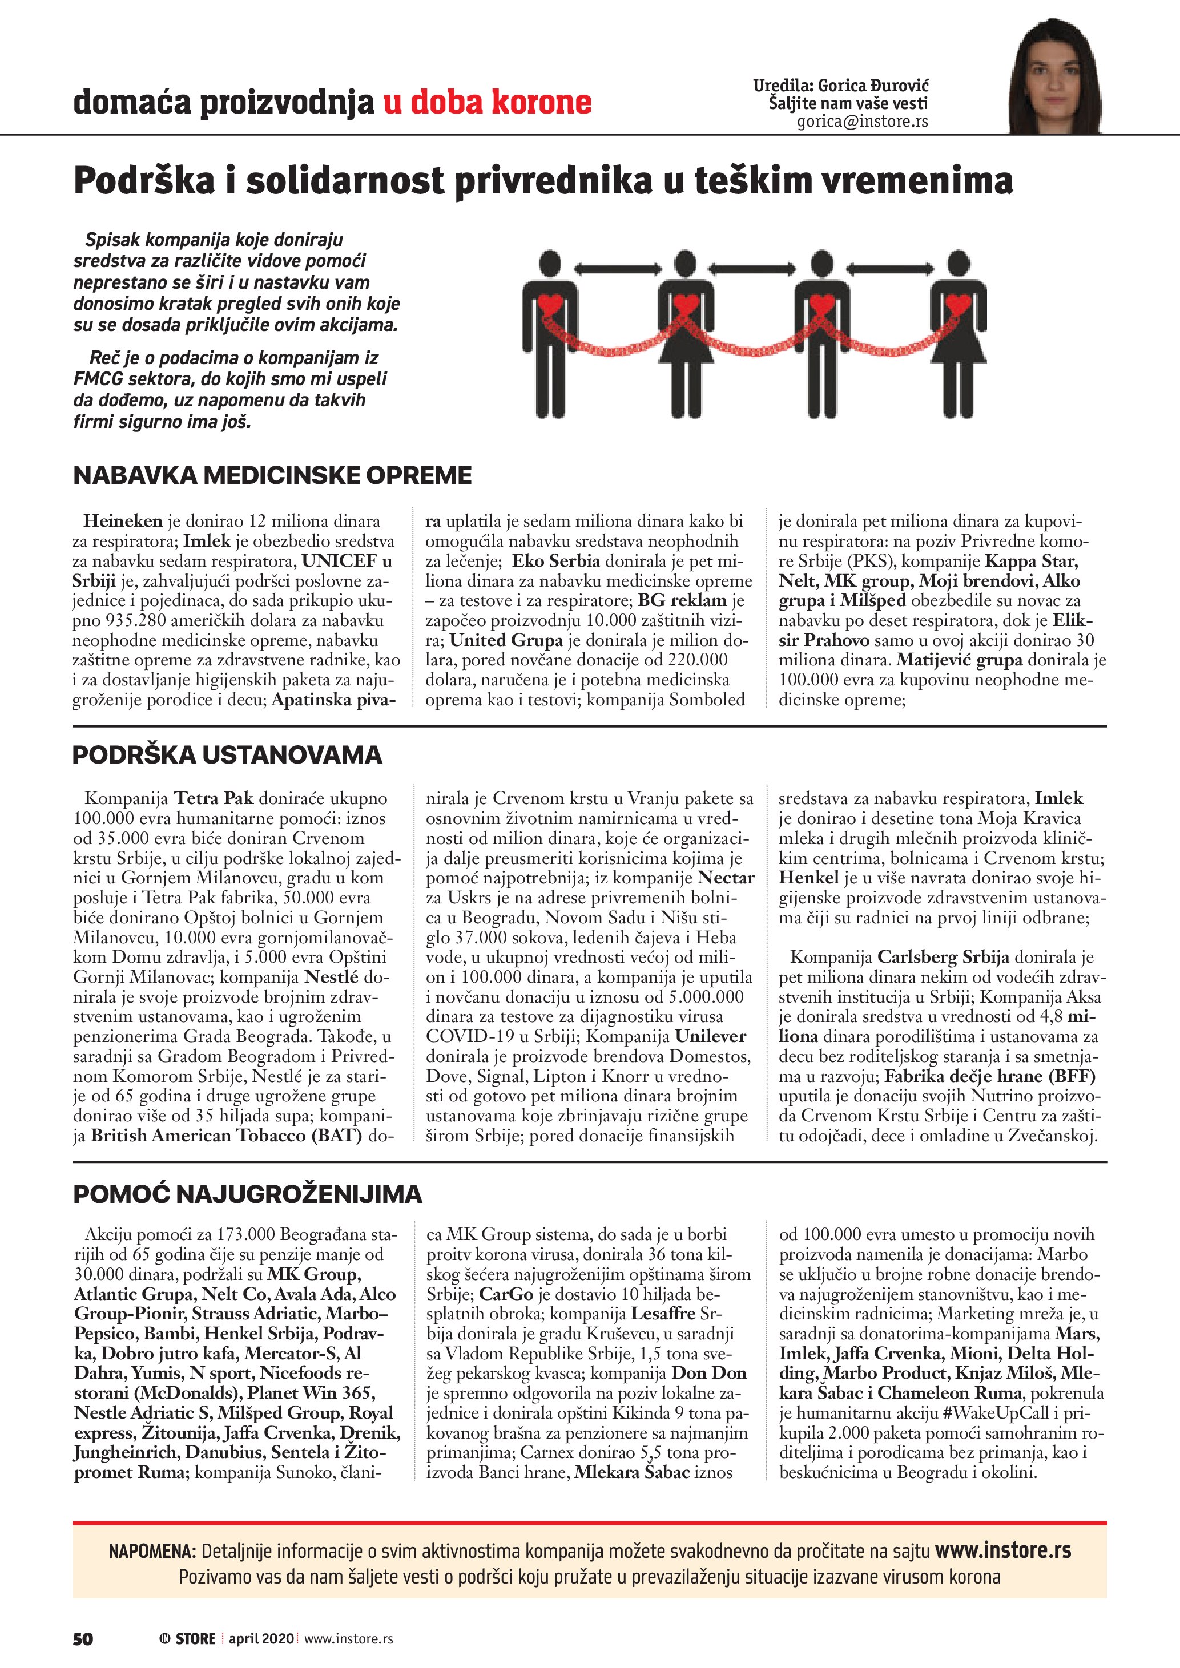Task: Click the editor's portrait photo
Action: coord(1054,76)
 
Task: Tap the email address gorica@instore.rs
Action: coord(863,122)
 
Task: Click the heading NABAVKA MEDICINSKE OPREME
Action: coord(272,475)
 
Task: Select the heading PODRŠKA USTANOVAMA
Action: coord(227,755)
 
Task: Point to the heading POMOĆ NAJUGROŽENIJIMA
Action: coord(248,1194)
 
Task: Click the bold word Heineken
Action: coord(123,521)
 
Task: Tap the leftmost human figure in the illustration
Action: coord(550,334)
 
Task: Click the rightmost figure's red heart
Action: coord(959,303)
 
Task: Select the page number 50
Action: coord(83,1639)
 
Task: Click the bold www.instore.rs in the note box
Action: coord(1002,1550)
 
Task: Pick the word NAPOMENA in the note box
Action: coord(152,1552)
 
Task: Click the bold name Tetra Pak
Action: coord(213,798)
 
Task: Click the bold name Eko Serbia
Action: coord(556,561)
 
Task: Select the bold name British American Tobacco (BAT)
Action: coord(226,1136)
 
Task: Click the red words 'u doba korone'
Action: coord(487,103)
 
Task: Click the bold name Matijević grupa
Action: coord(959,660)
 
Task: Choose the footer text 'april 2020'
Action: coord(261,1639)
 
